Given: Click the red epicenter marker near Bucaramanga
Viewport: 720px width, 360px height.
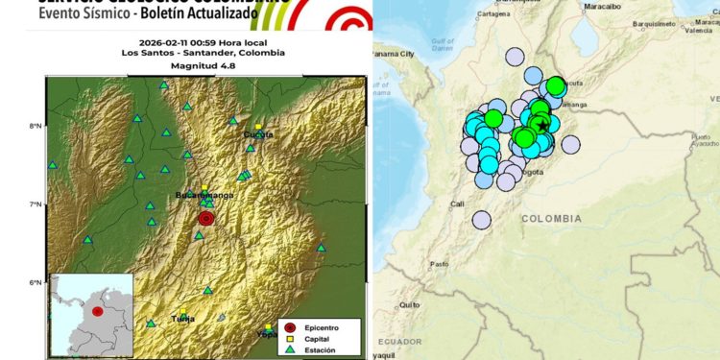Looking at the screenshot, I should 206,218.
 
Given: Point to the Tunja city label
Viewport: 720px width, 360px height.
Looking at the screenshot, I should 182,318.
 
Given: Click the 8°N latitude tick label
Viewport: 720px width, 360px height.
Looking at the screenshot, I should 35,126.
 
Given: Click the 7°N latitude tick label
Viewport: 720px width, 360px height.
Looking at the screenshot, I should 35,204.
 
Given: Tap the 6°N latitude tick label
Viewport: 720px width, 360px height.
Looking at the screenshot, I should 35,282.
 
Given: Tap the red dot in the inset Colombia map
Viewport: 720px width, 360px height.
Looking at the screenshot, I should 97,312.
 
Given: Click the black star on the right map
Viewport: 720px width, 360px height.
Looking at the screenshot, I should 543,126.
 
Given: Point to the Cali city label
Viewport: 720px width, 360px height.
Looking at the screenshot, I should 457,204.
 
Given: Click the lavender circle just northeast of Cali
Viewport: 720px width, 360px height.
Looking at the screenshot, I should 481,219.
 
